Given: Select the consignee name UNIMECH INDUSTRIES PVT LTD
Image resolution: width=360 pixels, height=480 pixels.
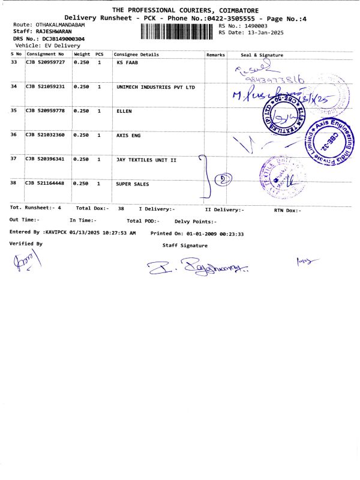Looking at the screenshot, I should point(155,87).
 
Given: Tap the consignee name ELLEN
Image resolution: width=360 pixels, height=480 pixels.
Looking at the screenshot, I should point(124,111).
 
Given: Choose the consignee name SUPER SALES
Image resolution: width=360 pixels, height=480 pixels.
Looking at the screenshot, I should point(132,184).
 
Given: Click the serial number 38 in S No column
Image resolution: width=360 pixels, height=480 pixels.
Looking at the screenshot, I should point(14,184).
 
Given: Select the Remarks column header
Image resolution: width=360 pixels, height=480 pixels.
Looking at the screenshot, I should point(215,55).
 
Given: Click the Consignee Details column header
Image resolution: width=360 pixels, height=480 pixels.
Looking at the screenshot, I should point(136,55).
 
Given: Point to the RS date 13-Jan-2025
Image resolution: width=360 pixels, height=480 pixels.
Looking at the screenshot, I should point(271,32).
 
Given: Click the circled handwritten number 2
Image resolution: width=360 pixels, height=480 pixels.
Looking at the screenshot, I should point(223,179).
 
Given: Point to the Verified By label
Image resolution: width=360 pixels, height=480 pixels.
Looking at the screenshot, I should point(26,244).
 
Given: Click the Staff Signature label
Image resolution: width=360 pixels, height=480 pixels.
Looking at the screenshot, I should point(185,245).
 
